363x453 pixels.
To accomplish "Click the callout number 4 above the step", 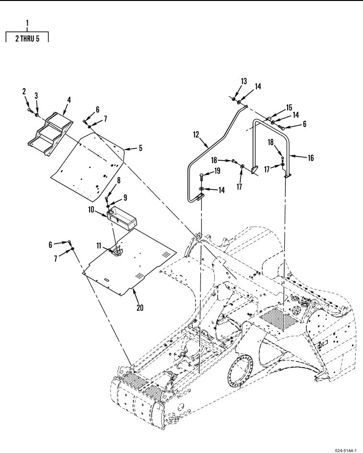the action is tap(69, 100).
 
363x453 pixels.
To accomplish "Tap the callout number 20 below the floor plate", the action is tap(140, 308).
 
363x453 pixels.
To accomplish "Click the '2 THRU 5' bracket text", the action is tap(27, 38).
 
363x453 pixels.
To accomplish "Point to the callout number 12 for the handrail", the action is tap(196, 135).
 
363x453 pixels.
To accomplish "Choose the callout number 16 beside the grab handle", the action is tap(311, 158).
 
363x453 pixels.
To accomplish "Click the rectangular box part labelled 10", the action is tap(122, 219).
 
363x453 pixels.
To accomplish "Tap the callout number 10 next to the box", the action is tap(91, 209).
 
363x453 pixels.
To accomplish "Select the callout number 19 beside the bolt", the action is tap(217, 171).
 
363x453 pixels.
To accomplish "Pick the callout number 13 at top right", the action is tap(244, 81).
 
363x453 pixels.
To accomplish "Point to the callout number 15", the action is tap(289, 108).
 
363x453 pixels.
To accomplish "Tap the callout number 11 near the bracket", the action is tap(99, 245).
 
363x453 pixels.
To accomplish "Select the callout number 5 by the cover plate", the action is tap(141, 148).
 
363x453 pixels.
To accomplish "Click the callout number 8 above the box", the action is tap(118, 180).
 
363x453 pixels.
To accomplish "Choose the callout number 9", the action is tap(125, 197).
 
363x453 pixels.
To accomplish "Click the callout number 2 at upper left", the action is tap(24, 92).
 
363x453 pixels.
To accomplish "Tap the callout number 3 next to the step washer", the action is tap(36, 95).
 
